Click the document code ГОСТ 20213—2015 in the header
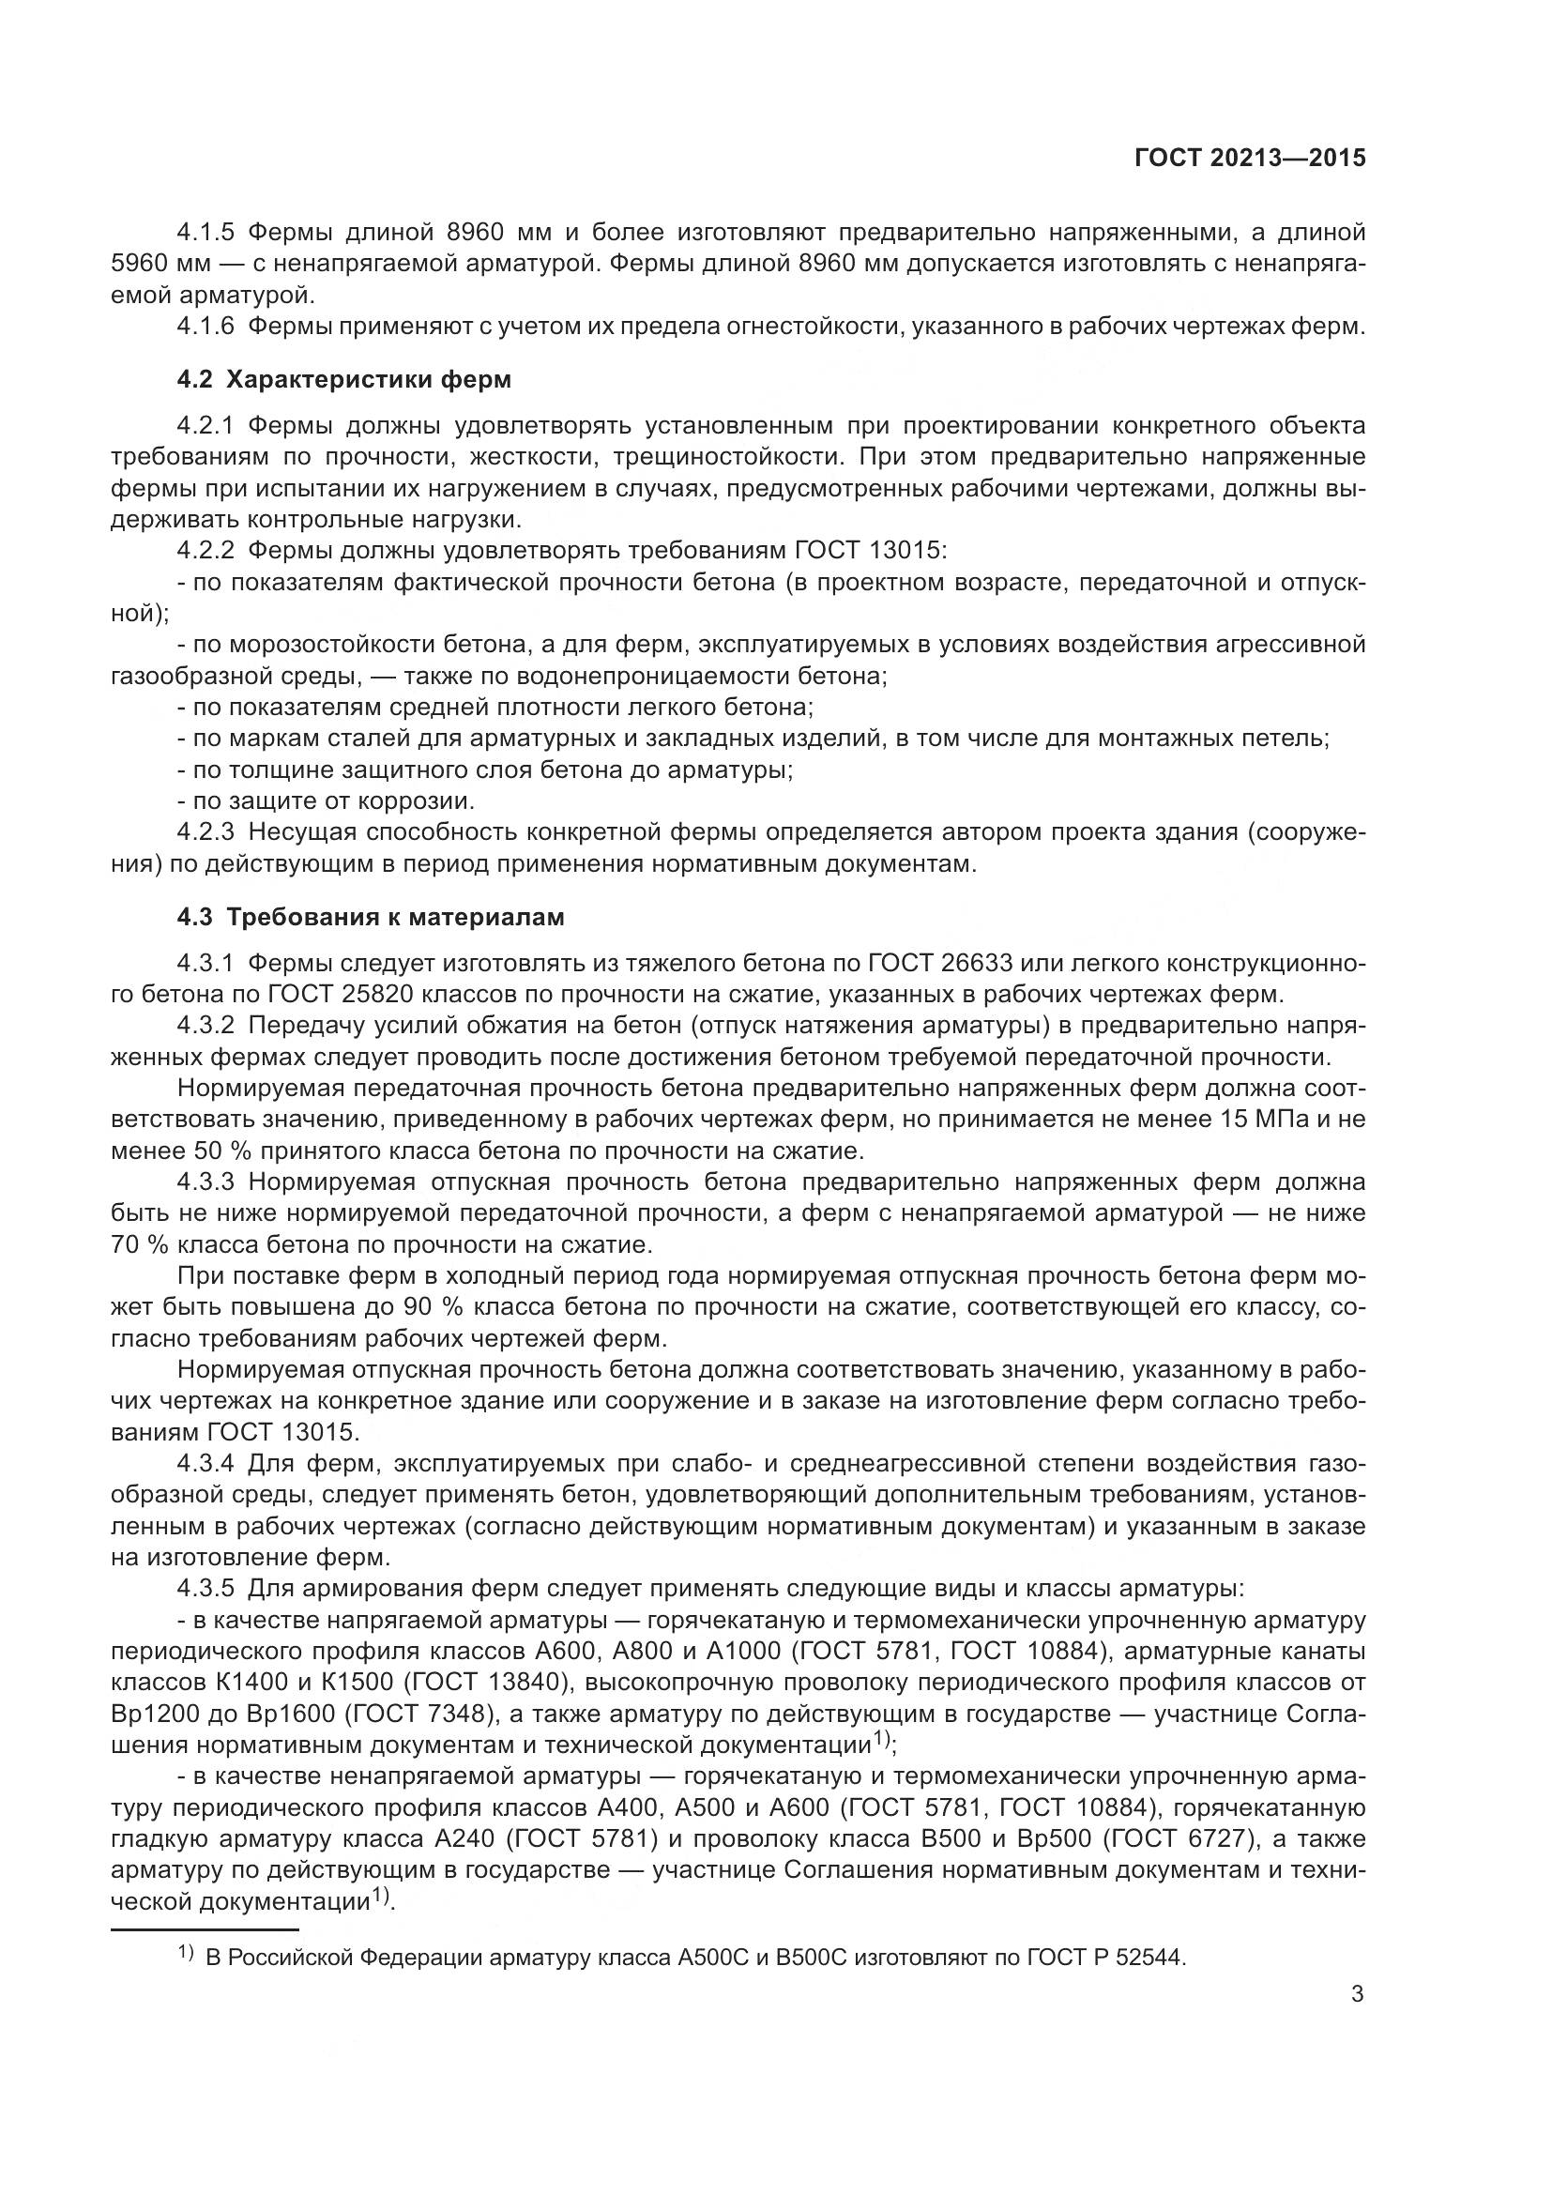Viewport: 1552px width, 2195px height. pyautogui.click(x=1250, y=159)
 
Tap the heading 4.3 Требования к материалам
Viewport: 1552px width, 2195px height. pyautogui.click(x=371, y=917)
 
